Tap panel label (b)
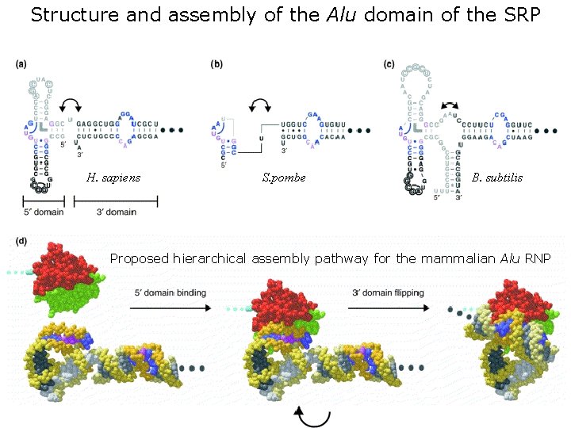(217, 65)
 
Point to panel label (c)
(389, 65)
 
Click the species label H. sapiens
(113, 178)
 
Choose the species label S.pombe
(283, 178)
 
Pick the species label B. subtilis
(496, 178)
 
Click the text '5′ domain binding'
(169, 292)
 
